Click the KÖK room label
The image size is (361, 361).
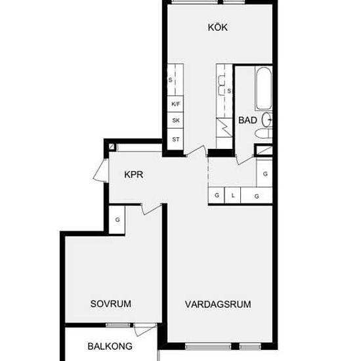click(218, 27)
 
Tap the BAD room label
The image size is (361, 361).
click(247, 120)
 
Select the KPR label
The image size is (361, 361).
click(133, 175)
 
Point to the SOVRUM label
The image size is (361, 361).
click(111, 304)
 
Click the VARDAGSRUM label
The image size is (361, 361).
click(218, 305)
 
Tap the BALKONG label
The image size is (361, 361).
click(110, 347)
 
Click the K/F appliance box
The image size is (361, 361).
click(175, 104)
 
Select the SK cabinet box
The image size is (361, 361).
click(175, 120)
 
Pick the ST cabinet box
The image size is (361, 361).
click(175, 139)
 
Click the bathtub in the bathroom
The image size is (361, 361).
click(264, 89)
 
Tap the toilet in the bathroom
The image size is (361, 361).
click(264, 134)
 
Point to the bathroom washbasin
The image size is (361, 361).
click(267, 119)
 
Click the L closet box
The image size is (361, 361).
click(232, 195)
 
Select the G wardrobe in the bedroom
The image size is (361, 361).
click(117, 220)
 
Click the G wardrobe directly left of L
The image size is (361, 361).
click(217, 195)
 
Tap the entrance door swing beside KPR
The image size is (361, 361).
click(100, 171)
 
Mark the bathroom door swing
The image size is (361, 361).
click(245, 160)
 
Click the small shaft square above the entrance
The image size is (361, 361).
click(112, 146)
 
